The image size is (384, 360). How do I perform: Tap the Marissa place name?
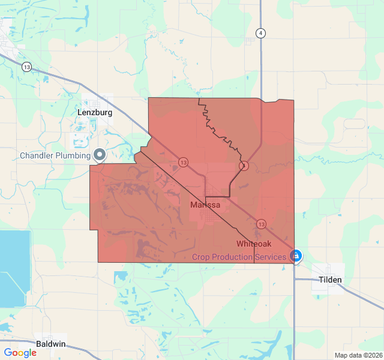pyautogui.click(x=205, y=205)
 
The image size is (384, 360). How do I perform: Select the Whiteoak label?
pyautogui.click(x=254, y=244)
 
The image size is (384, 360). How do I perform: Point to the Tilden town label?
pyautogui.click(x=330, y=280)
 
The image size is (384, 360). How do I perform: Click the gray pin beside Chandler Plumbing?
pyautogui.click(x=100, y=155)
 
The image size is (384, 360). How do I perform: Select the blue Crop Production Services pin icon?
pyautogui.click(x=295, y=256)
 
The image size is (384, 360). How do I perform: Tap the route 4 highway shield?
pyautogui.click(x=260, y=33)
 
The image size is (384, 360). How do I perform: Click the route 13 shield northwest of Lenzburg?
pyautogui.click(x=26, y=67)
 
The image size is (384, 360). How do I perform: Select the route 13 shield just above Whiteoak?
pyautogui.click(x=261, y=224)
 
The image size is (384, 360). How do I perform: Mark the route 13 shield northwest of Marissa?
pyautogui.click(x=183, y=163)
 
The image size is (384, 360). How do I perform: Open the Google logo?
pyautogui.click(x=20, y=353)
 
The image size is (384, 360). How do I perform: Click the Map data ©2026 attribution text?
pyautogui.click(x=358, y=355)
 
